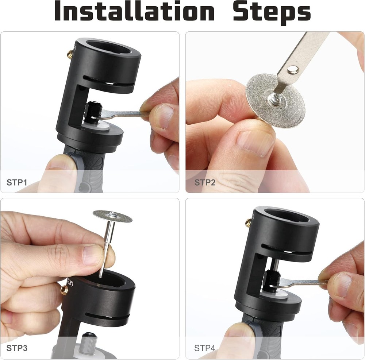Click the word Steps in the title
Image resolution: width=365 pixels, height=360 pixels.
pos(272,12)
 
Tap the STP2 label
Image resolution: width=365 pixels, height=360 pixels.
pos(205,182)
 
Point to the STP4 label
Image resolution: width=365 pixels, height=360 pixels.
pos(205,348)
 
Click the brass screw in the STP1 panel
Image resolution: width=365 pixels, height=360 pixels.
pos(69,55)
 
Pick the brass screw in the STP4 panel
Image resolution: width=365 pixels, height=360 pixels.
pos(248,222)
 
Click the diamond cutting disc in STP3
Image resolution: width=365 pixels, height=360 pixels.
pos(112,216)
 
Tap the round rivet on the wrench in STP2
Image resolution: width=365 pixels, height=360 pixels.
pos(292,69)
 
